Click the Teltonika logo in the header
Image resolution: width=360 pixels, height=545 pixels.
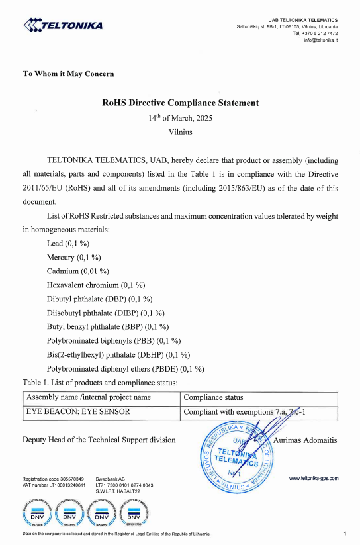tap(62, 26)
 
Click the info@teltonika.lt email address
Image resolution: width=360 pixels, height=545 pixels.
tap(320, 40)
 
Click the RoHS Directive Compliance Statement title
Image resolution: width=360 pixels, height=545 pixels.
tap(180, 103)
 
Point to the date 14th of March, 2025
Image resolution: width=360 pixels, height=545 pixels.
tap(180, 118)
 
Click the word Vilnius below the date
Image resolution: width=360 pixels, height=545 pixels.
tap(180, 132)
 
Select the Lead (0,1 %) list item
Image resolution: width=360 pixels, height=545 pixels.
tap(68, 244)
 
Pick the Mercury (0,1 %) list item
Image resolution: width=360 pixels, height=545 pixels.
tap(73, 258)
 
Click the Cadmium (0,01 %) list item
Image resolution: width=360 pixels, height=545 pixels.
tap(77, 272)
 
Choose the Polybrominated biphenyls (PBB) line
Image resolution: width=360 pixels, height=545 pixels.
tap(114, 341)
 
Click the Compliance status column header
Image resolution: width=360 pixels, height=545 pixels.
tap(213, 398)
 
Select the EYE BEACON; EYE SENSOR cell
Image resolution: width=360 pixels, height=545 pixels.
tap(77, 412)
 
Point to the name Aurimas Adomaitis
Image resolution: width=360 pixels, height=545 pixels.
tap(305, 440)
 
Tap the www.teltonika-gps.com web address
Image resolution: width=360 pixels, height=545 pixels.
tap(314, 477)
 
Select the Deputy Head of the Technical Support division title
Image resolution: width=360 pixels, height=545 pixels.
tap(99, 440)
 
